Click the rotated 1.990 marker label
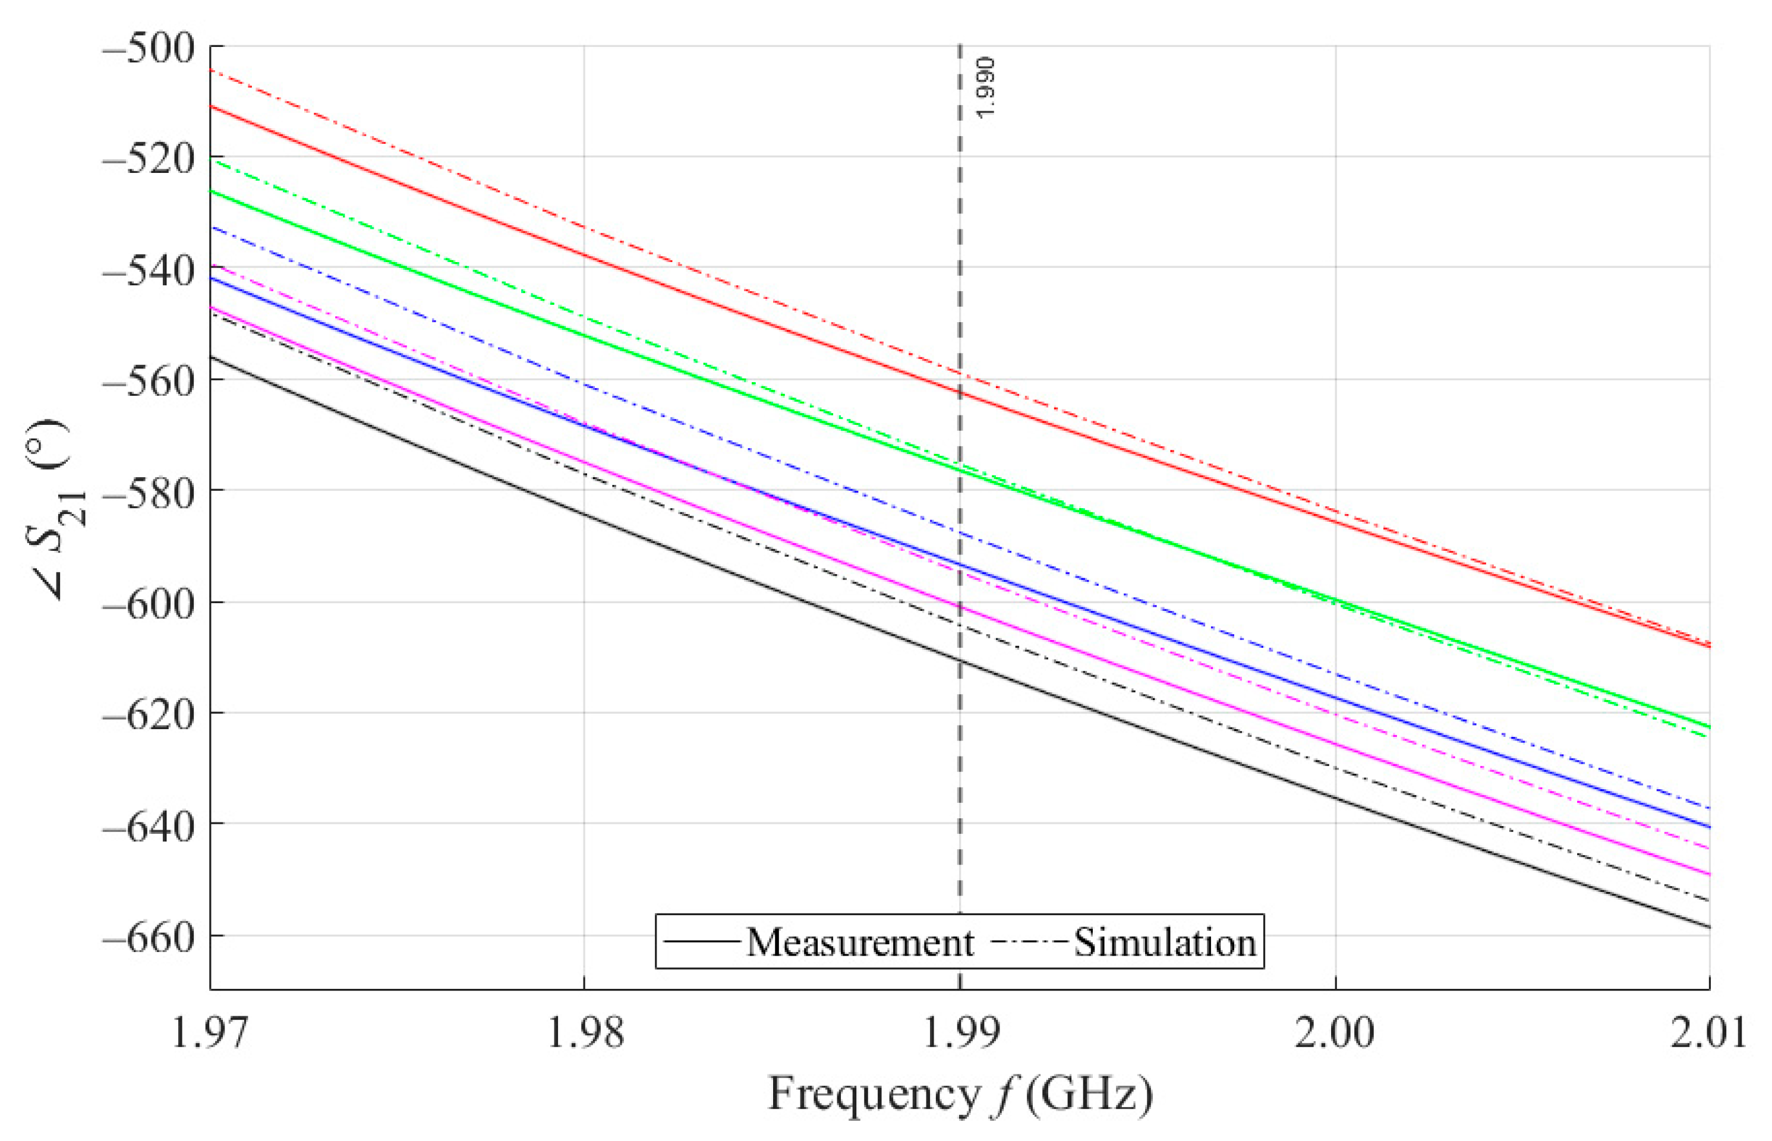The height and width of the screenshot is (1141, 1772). (x=985, y=87)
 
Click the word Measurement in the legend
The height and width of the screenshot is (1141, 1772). (x=859, y=943)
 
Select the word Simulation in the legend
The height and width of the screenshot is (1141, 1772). (x=1165, y=943)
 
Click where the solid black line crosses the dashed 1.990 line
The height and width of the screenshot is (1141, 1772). (x=960, y=660)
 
